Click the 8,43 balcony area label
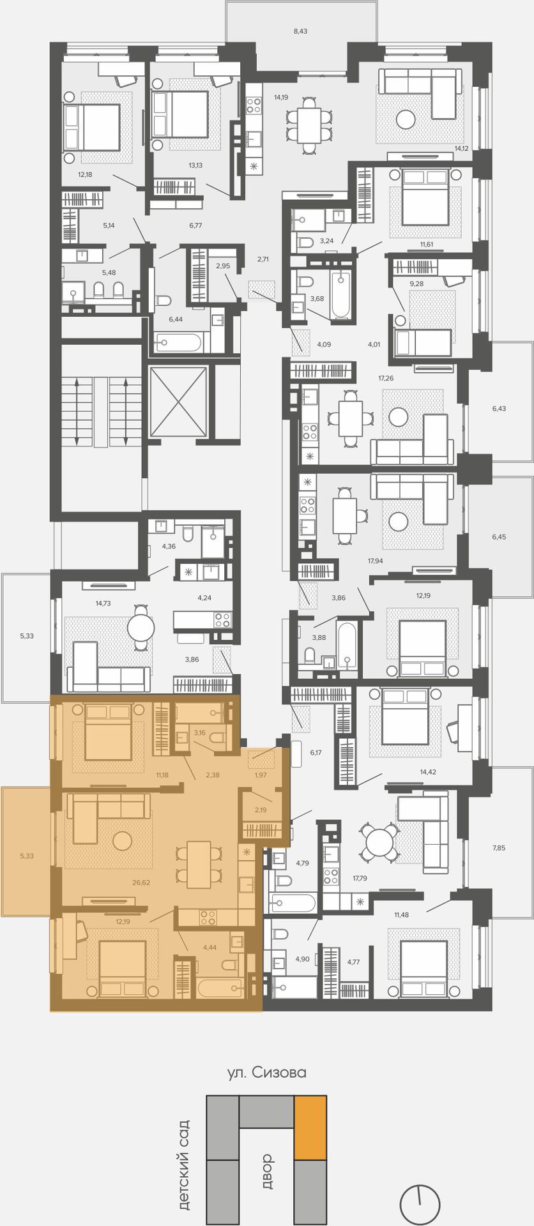point(300,31)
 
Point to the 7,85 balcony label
point(499,848)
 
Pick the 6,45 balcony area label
point(499,537)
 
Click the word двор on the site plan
point(266,1171)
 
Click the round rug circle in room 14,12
point(406,119)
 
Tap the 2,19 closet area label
point(259,810)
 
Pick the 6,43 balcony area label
point(499,408)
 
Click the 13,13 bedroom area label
point(195,165)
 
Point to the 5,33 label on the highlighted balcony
point(26,856)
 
